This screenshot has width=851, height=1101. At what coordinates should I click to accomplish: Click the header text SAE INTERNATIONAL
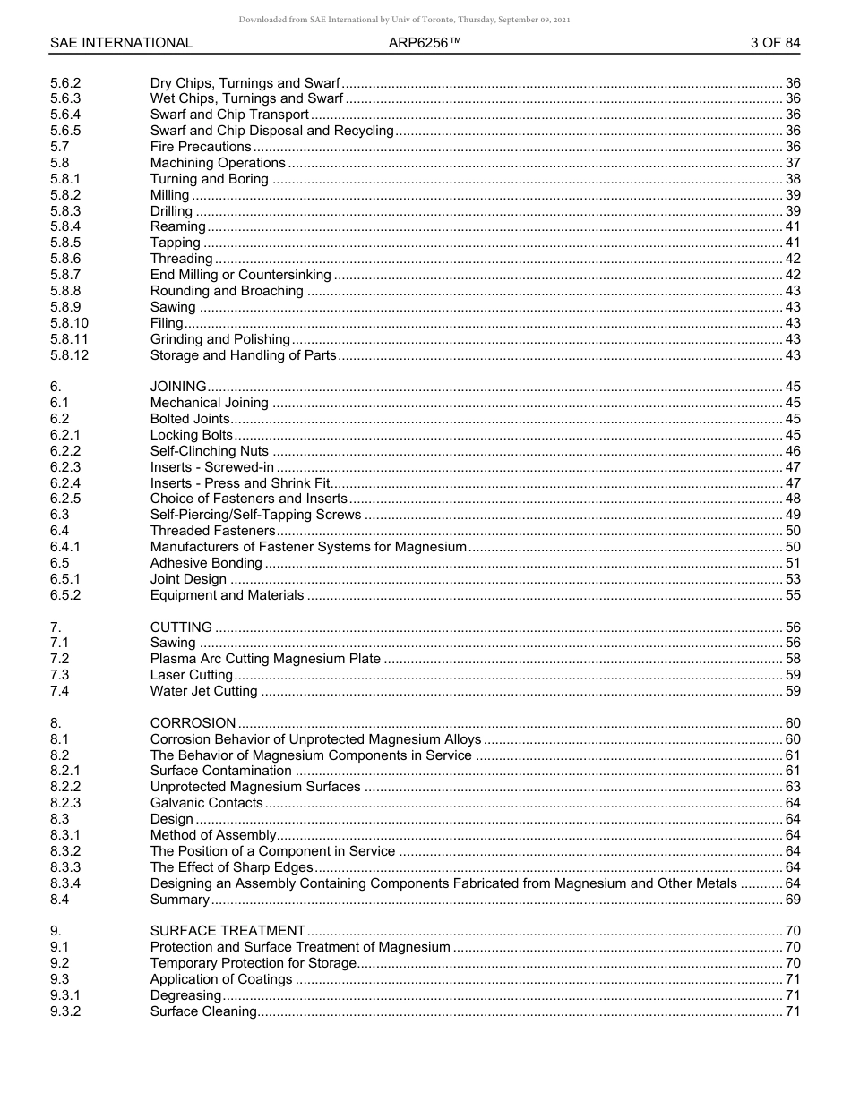pyautogui.click(x=121, y=43)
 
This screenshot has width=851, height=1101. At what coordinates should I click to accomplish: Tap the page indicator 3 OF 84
pyautogui.click(x=775, y=43)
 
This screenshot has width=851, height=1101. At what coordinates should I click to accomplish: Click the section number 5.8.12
pyautogui.click(x=70, y=355)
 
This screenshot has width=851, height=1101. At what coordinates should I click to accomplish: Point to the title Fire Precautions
pyautogui.click(x=201, y=147)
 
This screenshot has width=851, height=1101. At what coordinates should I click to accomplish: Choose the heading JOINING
pyautogui.click(x=178, y=387)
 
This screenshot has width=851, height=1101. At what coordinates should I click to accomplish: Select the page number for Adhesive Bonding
pyautogui.click(x=792, y=563)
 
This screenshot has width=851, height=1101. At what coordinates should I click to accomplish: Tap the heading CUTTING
pyautogui.click(x=181, y=627)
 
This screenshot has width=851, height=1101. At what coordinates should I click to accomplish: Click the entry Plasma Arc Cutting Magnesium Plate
pyautogui.click(x=265, y=660)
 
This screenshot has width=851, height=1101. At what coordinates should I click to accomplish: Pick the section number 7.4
pyautogui.click(x=60, y=691)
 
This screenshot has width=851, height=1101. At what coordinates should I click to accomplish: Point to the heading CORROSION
pyautogui.click(x=193, y=723)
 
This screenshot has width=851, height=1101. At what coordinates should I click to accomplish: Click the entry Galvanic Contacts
pyautogui.click(x=206, y=803)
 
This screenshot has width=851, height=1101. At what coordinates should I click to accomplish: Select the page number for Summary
pyautogui.click(x=792, y=900)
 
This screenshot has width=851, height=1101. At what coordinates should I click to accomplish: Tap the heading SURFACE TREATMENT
pyautogui.click(x=228, y=931)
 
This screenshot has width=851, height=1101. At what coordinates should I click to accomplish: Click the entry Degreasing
pyautogui.click(x=185, y=995)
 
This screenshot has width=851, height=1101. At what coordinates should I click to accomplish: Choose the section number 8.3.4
pyautogui.click(x=65, y=883)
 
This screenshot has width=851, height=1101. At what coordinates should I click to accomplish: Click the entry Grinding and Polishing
pyautogui.click(x=219, y=339)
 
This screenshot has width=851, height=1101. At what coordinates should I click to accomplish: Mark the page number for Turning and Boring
pyautogui.click(x=792, y=179)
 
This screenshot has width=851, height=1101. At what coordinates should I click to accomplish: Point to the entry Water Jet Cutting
pyautogui.click(x=203, y=691)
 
